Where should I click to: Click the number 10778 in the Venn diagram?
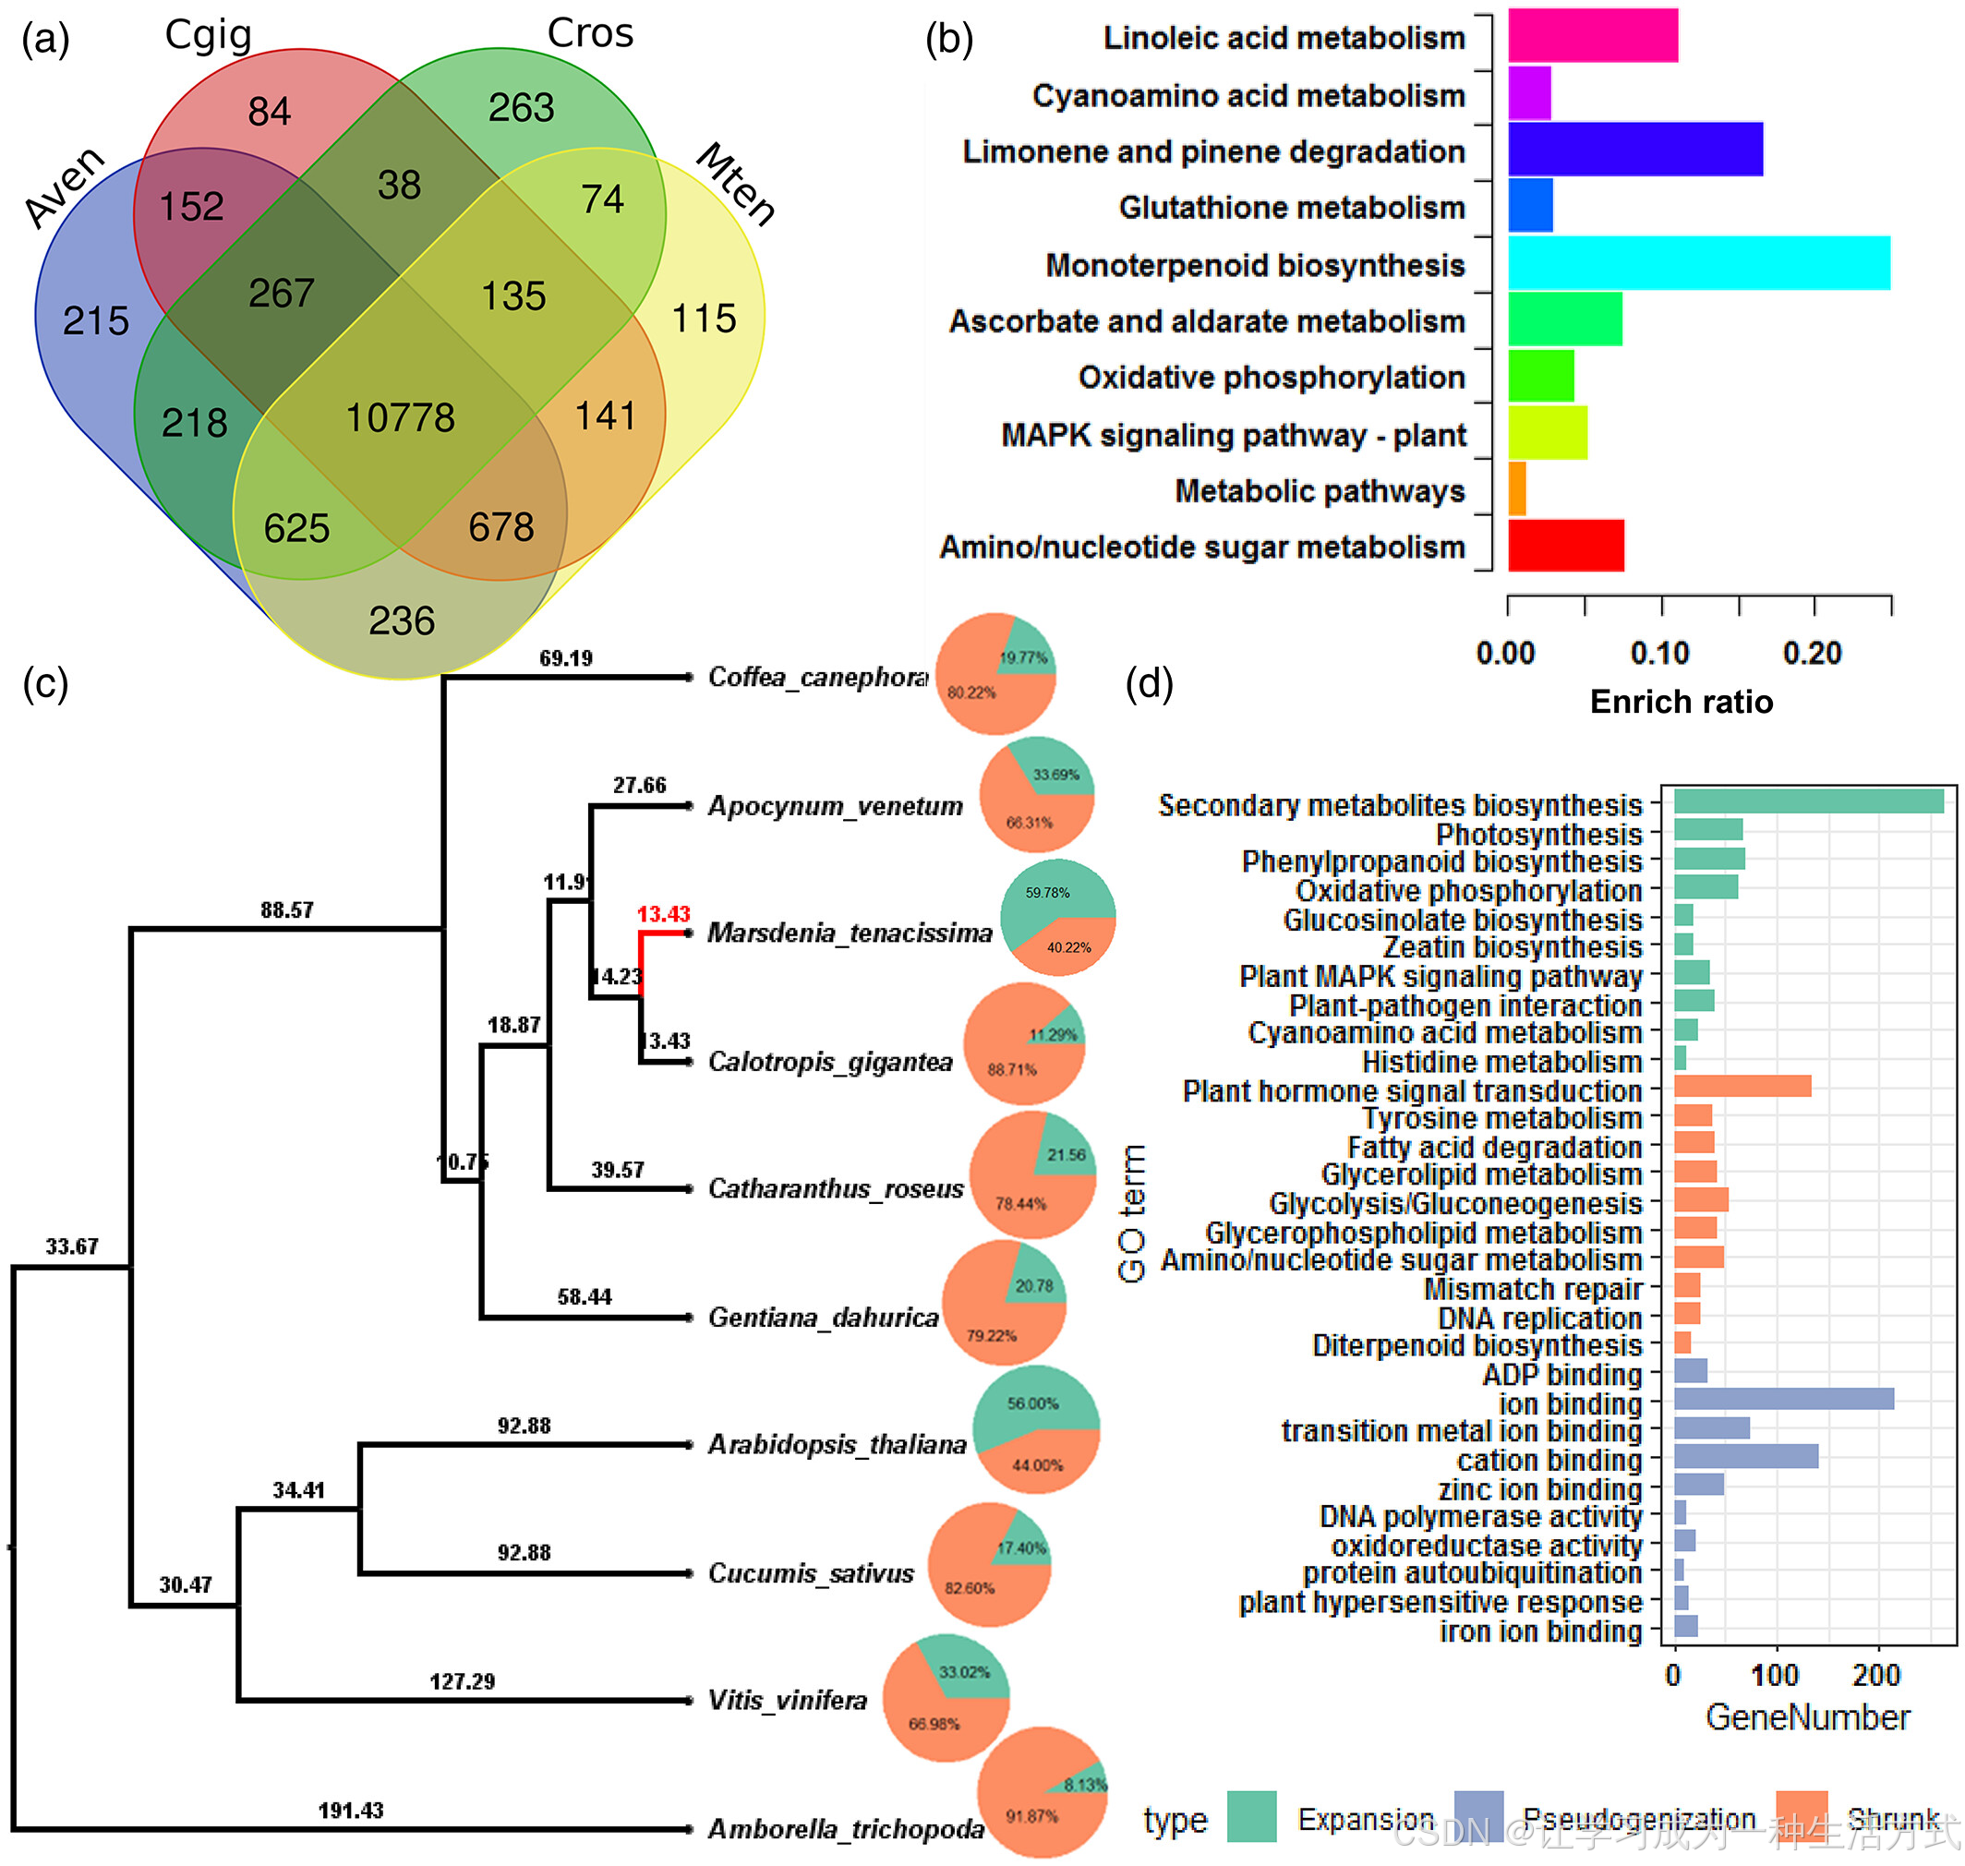pos(400,417)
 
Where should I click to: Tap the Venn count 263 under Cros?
pos(521,107)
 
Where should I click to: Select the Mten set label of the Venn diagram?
pos(734,184)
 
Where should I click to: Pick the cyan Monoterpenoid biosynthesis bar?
pos(1697,263)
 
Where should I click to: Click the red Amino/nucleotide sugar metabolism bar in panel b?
pos(1565,546)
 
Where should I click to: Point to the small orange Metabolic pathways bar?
pos(1516,489)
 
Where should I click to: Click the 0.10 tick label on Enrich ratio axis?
pos(1658,654)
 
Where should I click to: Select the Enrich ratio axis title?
pos(1681,703)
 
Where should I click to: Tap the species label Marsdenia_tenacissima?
pos(849,933)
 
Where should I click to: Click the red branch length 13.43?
pos(663,914)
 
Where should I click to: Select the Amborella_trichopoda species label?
pos(845,1828)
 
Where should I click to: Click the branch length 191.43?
pos(350,1810)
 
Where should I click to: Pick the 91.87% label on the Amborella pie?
pos(1031,1815)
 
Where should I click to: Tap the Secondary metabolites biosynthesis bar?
pos(1807,801)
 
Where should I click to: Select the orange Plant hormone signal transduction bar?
pos(1742,1086)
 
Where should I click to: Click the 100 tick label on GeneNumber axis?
pos(1774,1675)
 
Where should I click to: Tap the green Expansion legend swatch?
pos(1250,1816)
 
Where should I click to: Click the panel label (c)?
pos(46,683)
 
